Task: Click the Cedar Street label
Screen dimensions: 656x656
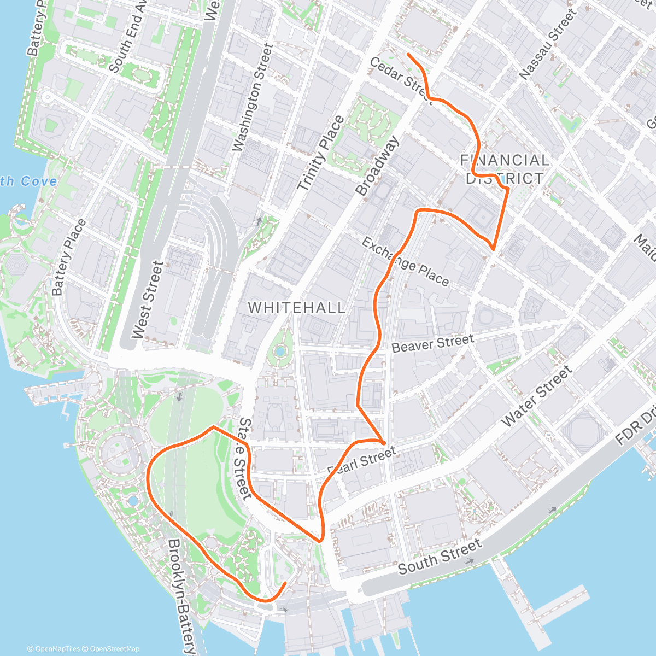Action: [x=398, y=78]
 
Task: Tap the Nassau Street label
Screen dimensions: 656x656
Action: [x=548, y=45]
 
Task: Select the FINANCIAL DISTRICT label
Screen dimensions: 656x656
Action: [x=504, y=169]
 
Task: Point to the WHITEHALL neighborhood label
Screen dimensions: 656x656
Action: [x=297, y=308]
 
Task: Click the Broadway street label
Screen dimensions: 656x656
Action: [x=378, y=166]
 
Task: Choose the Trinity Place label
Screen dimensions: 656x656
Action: [x=320, y=154]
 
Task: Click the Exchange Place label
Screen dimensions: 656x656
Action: [x=405, y=262]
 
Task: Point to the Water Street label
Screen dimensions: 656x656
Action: [x=536, y=397]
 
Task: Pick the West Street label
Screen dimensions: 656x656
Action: [x=148, y=300]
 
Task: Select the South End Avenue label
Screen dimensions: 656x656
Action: [x=128, y=41]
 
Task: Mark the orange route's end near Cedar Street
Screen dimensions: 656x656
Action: [x=408, y=54]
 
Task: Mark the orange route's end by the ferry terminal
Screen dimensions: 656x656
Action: [x=285, y=583]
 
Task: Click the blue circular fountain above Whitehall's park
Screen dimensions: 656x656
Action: [x=280, y=350]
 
